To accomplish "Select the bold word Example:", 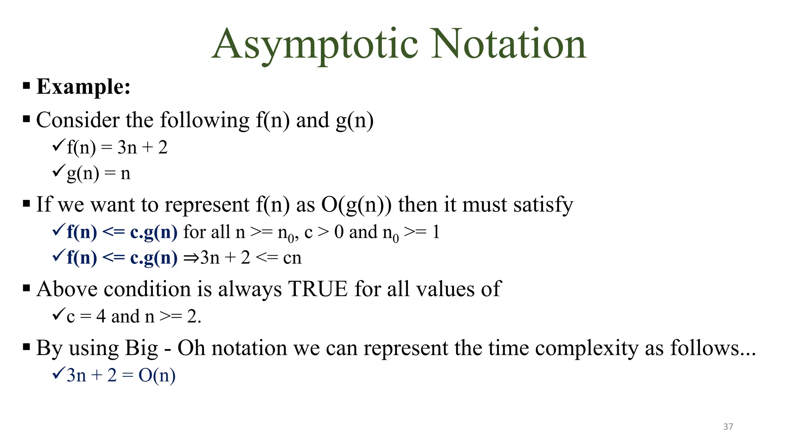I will pos(83,87).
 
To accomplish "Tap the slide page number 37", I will pos(728,427).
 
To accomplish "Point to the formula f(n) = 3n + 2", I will pos(117,148).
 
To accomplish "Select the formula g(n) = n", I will pos(98,173).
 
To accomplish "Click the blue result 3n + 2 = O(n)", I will pos(121,376).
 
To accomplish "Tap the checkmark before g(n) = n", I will pos(58,170).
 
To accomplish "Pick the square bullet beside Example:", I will pos(26,85).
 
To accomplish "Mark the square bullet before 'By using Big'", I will pos(26,347).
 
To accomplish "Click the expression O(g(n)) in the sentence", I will pos(356,205).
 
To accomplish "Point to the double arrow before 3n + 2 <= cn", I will pos(191,258).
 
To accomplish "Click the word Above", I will pos(67,289).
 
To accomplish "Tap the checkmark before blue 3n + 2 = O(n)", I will pos(58,373).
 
